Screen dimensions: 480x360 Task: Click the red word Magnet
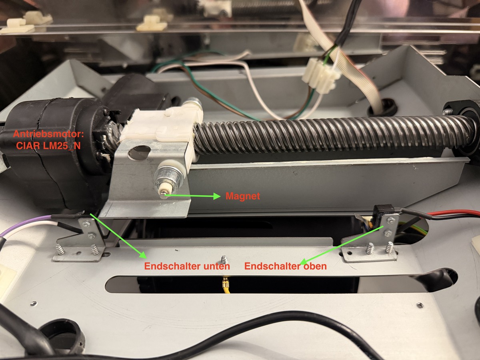[x=243, y=196]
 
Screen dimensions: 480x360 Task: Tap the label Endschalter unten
[x=187, y=266]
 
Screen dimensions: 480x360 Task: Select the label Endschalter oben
[x=285, y=266]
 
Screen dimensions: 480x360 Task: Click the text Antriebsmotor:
[x=48, y=134]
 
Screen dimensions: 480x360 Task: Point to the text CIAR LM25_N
[x=48, y=146]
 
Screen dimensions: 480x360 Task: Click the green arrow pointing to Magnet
[x=192, y=196]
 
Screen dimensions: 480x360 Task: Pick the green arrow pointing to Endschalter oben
[x=342, y=245]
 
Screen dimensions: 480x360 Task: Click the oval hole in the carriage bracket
[x=140, y=152]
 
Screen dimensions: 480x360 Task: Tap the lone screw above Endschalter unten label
[x=224, y=260]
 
